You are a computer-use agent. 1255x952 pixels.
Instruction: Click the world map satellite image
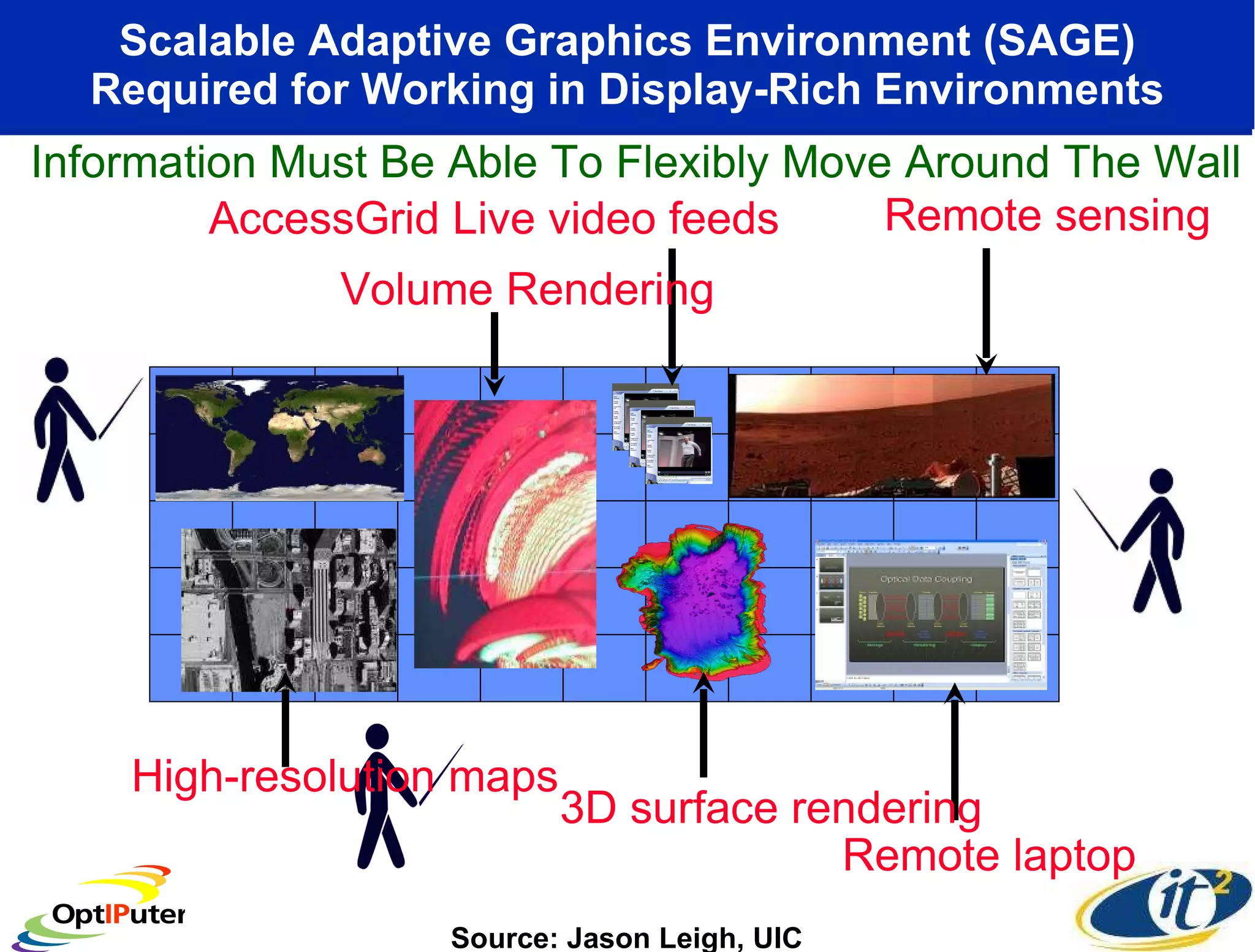tap(279, 437)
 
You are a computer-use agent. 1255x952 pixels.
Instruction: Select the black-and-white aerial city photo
tap(289, 610)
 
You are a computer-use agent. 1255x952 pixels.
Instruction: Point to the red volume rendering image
tap(505, 533)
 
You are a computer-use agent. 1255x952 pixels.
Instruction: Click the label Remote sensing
tap(1047, 216)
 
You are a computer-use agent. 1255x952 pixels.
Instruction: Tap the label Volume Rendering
tap(527, 289)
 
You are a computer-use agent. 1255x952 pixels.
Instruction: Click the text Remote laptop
tap(988, 856)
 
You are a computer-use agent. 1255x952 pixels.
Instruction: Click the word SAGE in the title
tap(1059, 41)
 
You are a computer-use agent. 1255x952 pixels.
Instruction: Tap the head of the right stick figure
tap(1161, 481)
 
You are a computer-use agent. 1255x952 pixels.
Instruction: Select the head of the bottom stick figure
tap(376, 736)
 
